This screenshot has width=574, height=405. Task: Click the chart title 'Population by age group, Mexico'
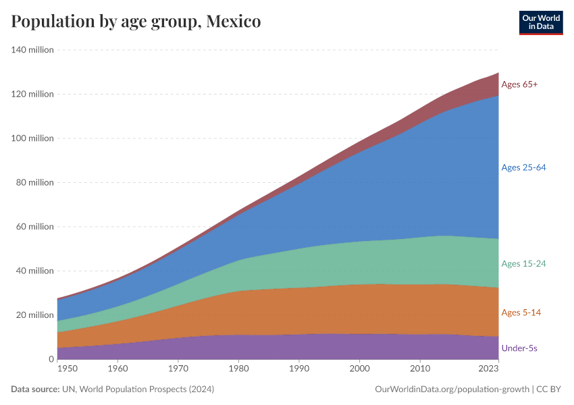coord(136,22)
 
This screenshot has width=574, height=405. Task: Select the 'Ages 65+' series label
coord(519,84)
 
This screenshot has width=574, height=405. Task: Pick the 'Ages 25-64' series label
coord(523,167)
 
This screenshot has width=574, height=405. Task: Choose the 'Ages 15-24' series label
coord(523,263)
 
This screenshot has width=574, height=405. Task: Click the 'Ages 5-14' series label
coord(521,313)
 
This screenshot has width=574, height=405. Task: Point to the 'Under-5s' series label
coord(519,348)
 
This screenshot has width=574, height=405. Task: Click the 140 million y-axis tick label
coord(32,50)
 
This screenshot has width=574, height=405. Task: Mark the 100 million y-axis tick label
coord(32,138)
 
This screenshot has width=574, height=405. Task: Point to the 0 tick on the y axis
coord(51,359)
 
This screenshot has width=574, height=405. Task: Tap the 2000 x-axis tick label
coord(360,369)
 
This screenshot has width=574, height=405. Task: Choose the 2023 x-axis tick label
coord(488,369)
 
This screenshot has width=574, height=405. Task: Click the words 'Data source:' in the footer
coord(34,389)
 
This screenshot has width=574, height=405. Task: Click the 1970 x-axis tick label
coord(178,369)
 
